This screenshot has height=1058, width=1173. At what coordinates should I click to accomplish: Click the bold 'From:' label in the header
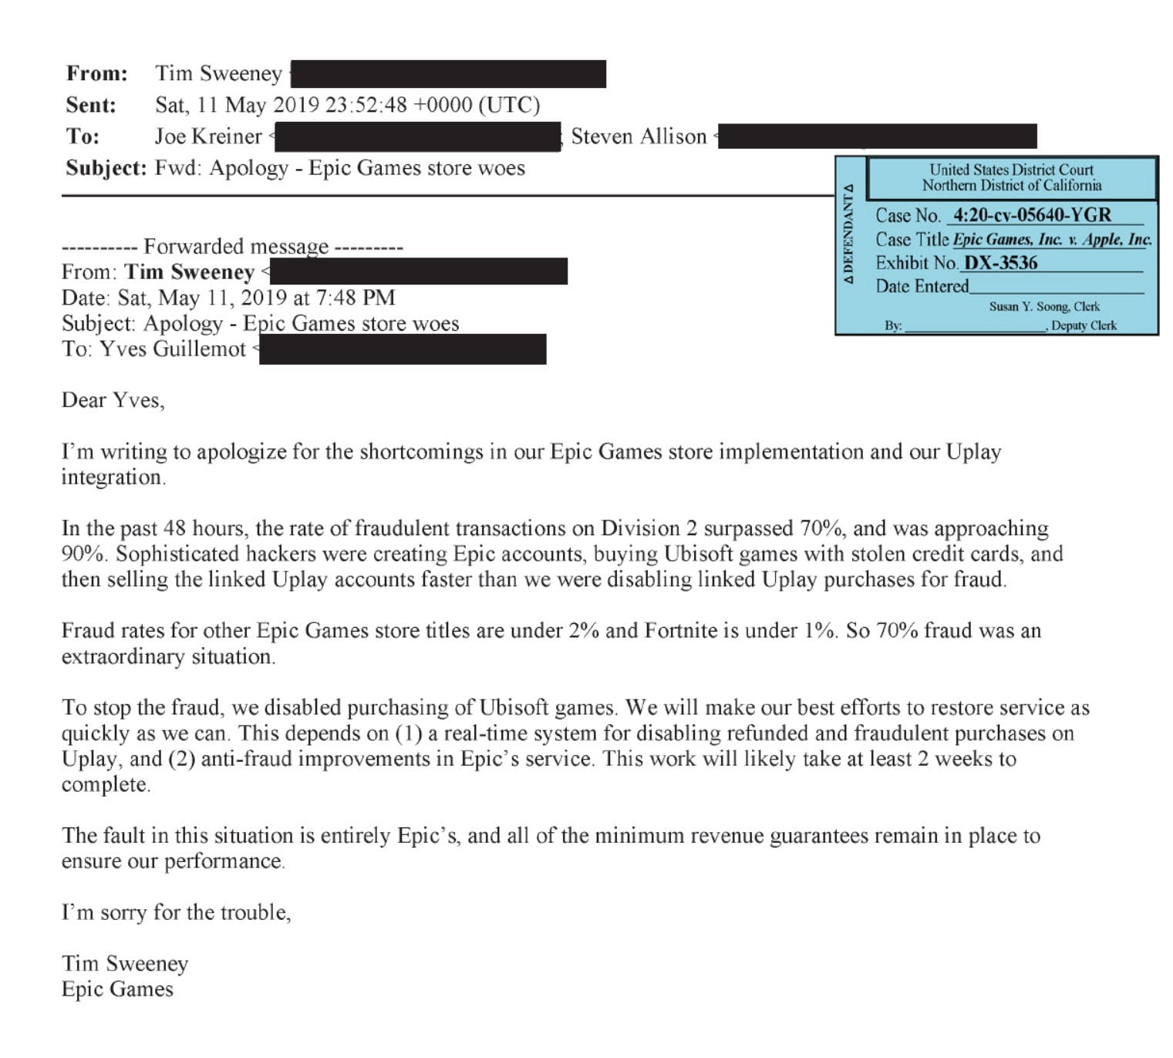pyautogui.click(x=97, y=73)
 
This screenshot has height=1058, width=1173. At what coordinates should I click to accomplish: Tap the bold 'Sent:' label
pyautogui.click(x=91, y=105)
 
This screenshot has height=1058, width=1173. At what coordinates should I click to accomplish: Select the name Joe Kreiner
pyautogui.click(x=208, y=136)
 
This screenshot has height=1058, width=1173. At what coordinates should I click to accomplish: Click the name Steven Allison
pyautogui.click(x=639, y=136)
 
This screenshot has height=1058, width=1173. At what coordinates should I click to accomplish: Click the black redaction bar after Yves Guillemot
pyautogui.click(x=403, y=349)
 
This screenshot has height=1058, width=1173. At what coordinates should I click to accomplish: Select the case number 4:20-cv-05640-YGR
pyautogui.click(x=1032, y=215)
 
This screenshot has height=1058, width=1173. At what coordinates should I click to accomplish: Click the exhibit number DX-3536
pyautogui.click(x=1001, y=263)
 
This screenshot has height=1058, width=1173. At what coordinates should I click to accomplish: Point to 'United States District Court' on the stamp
pyautogui.click(x=1011, y=170)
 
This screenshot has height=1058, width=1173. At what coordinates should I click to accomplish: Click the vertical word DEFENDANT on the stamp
pyautogui.click(x=849, y=234)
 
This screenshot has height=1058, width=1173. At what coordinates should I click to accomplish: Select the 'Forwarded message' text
pyautogui.click(x=236, y=247)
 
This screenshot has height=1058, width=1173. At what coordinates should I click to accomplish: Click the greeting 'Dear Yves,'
pyautogui.click(x=113, y=400)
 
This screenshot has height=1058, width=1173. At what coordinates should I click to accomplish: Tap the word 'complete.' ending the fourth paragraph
pyautogui.click(x=106, y=784)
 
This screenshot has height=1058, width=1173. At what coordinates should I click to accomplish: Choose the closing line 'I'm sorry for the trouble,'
pyautogui.click(x=177, y=912)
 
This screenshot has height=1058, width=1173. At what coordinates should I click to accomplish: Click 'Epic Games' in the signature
pyautogui.click(x=117, y=989)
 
